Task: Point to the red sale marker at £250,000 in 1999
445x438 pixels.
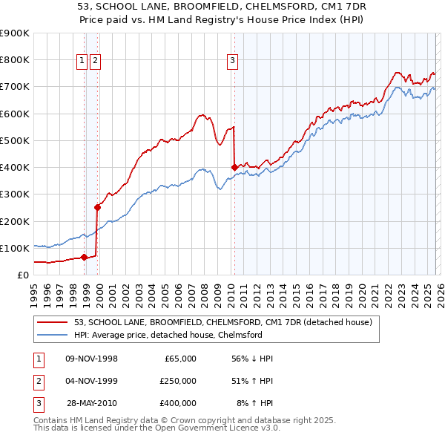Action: click(x=97, y=208)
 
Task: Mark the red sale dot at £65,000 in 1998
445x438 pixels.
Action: click(x=84, y=258)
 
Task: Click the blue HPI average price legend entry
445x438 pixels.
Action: click(x=168, y=335)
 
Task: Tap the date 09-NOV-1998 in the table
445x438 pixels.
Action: click(x=92, y=359)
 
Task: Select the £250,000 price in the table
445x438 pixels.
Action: click(x=177, y=381)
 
